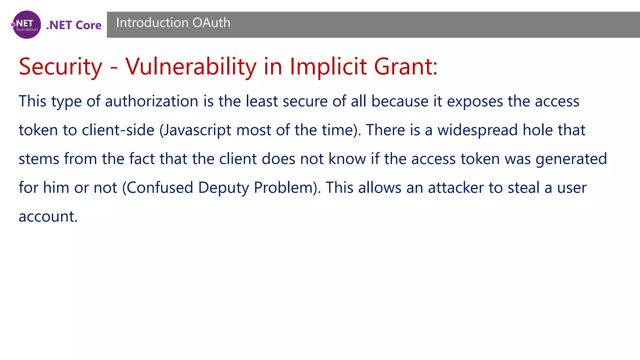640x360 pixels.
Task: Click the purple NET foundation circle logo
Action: coord(27,25)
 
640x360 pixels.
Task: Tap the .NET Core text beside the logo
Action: coord(74,25)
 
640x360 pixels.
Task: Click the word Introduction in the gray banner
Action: coord(152,23)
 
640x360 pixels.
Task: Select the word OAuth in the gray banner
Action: coord(212,23)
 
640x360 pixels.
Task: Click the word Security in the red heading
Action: coord(60,67)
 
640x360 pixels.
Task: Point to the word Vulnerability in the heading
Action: coord(191,67)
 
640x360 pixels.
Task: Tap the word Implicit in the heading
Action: coord(328,67)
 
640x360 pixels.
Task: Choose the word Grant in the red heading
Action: coord(403,67)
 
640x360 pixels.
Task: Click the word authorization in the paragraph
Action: coord(152,101)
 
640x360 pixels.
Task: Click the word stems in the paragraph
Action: coord(39,159)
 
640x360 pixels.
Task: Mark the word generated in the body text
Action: coord(571,159)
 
